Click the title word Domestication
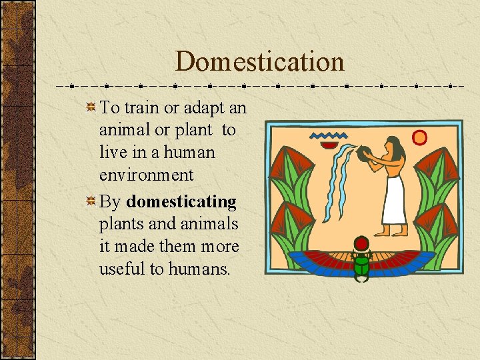[x=260, y=62]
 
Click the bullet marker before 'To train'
[x=91, y=108]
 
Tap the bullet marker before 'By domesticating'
[x=91, y=201]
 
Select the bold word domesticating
[x=181, y=201]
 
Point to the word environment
[x=146, y=175]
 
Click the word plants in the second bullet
[x=121, y=224]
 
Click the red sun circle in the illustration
[x=419, y=137]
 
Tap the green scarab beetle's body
[x=362, y=264]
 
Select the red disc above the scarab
[x=362, y=243]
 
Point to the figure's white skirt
[x=393, y=200]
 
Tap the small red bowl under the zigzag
[x=329, y=145]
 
